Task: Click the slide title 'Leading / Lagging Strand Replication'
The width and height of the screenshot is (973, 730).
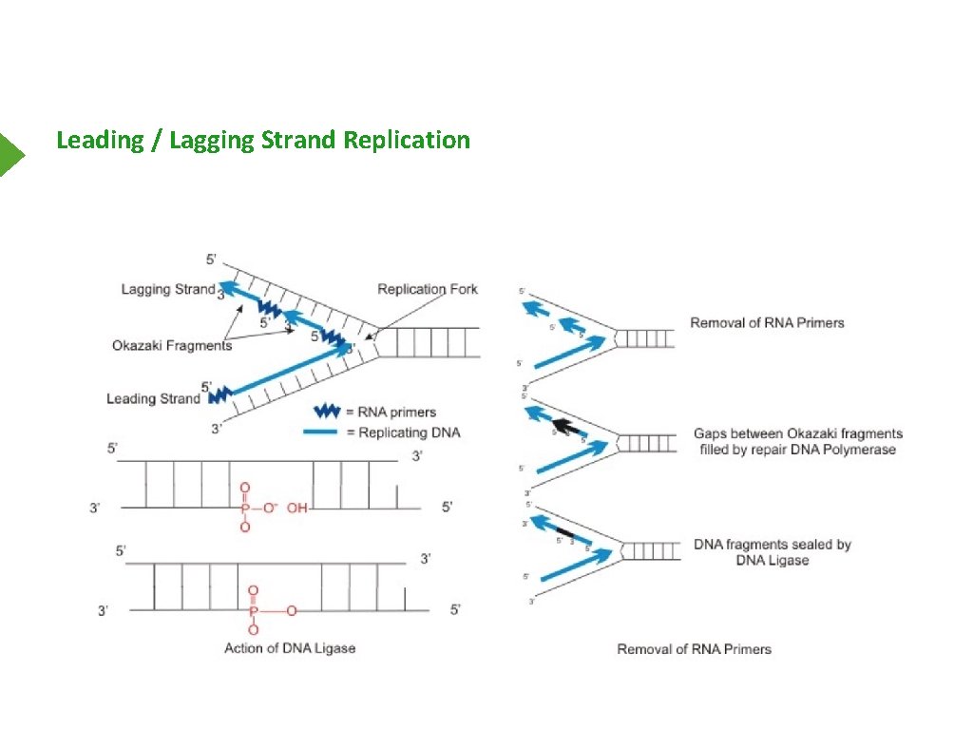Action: point(263,141)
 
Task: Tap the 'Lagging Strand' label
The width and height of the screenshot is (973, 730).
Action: point(168,289)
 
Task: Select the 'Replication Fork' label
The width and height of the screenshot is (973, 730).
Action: point(428,289)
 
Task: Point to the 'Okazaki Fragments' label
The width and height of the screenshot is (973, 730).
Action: point(172,346)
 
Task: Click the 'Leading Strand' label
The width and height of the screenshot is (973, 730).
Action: point(153,398)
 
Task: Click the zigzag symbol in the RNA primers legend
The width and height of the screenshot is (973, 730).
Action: point(327,412)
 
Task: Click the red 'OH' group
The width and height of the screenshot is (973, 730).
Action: point(297,508)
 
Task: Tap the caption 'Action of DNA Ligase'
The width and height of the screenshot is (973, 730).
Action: point(290,648)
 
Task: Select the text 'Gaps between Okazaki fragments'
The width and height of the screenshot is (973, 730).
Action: point(798,433)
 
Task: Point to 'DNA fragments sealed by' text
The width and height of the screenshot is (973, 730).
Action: point(773,545)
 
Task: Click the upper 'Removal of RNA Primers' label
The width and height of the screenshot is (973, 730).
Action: point(767,322)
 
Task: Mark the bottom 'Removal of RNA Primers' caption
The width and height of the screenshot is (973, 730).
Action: point(694,649)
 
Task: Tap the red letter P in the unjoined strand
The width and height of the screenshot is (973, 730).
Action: point(245,508)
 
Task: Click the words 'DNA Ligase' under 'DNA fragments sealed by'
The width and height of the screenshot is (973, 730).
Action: point(773,561)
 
